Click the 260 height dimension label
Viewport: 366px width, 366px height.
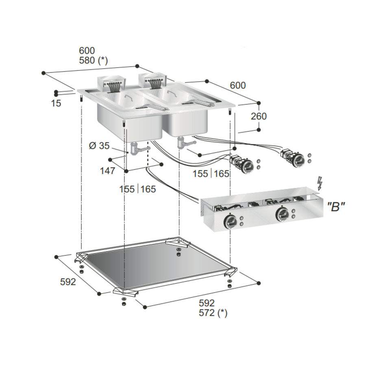259,116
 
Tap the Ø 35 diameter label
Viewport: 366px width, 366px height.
98,146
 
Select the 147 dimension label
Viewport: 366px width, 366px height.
107,171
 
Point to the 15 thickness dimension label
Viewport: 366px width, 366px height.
56,103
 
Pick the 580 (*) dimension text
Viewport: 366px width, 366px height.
93,61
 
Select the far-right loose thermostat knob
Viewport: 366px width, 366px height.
298,159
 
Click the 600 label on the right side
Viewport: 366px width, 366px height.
238,85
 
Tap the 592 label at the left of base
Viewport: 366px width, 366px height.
68,282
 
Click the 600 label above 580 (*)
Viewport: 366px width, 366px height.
87,51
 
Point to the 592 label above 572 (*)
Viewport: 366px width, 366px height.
206,303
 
